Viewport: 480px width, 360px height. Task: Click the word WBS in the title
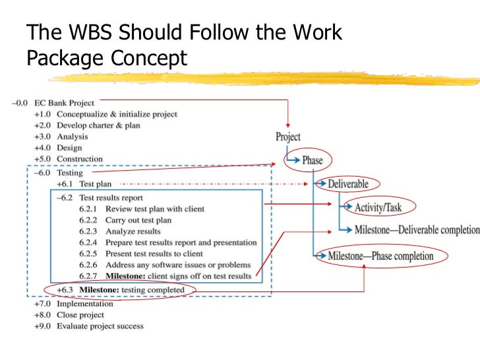tap(95, 33)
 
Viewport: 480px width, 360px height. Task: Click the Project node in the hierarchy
tap(288, 137)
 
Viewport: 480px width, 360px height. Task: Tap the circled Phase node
tap(313, 160)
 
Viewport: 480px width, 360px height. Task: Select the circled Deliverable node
tap(348, 184)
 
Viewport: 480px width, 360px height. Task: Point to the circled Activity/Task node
tap(377, 208)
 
